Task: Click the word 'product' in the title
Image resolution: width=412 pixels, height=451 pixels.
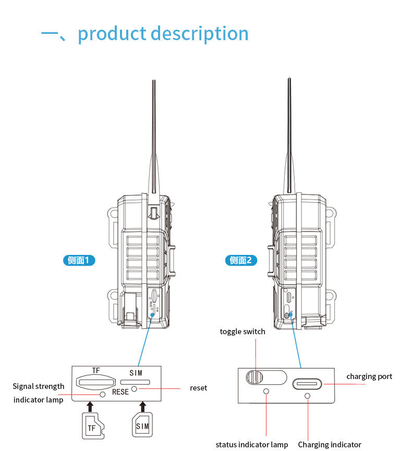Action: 112,34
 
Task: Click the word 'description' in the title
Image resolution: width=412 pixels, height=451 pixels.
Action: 200,34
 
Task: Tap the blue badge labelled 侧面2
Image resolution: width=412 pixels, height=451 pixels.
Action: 240,260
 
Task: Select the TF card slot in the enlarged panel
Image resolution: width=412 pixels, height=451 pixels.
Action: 95,381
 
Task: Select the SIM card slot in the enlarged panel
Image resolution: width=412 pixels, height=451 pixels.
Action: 135,382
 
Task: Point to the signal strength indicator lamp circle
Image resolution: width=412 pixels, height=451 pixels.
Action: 103,395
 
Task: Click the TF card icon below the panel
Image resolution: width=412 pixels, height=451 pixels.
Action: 92,426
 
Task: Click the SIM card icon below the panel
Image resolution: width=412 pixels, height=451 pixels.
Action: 141,425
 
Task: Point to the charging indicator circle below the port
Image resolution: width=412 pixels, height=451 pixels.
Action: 307,397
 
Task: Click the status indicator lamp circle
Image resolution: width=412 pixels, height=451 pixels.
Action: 266,391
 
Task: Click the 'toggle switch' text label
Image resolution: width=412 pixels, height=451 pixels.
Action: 243,332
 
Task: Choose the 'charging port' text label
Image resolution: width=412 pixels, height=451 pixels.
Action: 369,376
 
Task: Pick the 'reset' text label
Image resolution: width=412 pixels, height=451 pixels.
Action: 198,388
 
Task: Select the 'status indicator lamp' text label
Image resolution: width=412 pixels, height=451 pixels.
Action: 251,445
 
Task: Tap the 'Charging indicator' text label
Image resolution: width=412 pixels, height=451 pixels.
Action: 330,445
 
